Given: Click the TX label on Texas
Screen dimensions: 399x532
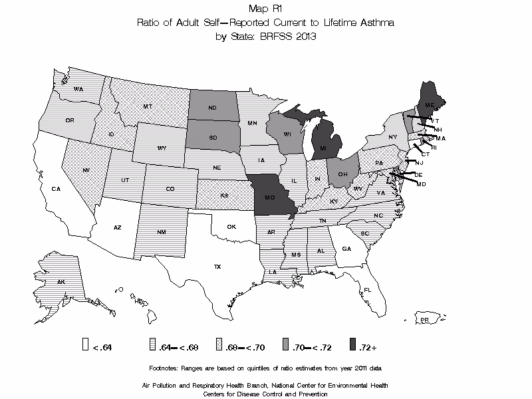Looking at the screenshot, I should tap(217, 267).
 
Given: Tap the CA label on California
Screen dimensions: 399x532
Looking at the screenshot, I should tap(57, 189).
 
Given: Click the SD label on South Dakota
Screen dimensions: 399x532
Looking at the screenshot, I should tap(213, 138).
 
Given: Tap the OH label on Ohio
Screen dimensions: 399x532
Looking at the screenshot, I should tap(342, 174).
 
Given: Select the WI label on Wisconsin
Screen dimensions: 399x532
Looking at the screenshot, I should tap(287, 134).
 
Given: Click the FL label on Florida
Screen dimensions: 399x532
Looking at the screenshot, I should tap(367, 289).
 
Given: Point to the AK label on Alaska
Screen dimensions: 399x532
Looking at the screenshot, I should tap(61, 282).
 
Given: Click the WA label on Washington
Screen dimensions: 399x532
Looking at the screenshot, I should tap(78, 89).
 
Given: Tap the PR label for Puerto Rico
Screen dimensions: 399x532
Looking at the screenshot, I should tap(423, 321).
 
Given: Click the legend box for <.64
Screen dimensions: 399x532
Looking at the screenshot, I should tap(85, 344).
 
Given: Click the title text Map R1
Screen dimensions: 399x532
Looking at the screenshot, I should tap(265, 9).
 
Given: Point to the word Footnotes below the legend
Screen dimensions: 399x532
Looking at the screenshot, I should tap(167, 368).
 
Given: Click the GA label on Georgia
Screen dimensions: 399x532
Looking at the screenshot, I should tap(346, 248).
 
